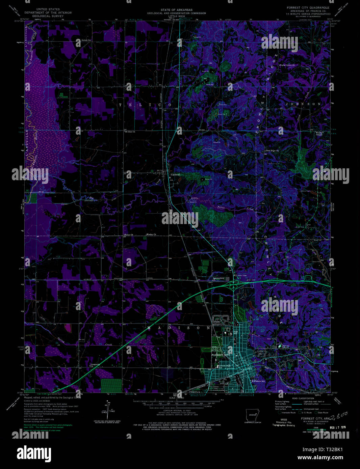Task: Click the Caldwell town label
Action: coord(176,175)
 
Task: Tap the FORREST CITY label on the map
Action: coord(220,355)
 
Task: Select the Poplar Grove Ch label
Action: coord(287,65)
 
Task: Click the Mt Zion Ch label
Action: coord(130,132)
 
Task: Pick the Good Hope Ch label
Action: coord(273,150)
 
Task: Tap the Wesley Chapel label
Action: coord(319,134)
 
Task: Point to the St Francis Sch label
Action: coord(258,381)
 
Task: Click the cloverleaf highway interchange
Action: coord(234,285)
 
